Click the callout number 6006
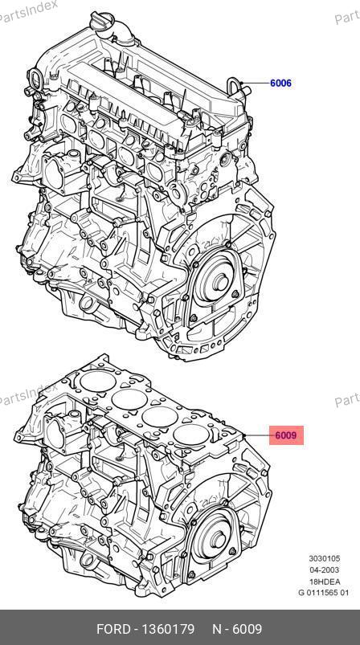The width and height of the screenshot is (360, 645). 280,83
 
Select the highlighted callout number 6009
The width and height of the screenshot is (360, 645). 286,435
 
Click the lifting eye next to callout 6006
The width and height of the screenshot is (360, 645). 235,87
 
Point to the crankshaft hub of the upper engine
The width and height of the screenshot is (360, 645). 220,282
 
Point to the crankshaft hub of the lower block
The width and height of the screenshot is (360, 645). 217,539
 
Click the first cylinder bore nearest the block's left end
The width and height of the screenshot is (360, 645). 98,381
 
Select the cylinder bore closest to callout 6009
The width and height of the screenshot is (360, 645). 191,435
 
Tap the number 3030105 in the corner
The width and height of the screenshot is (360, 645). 325,558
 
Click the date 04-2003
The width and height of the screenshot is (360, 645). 325,569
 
